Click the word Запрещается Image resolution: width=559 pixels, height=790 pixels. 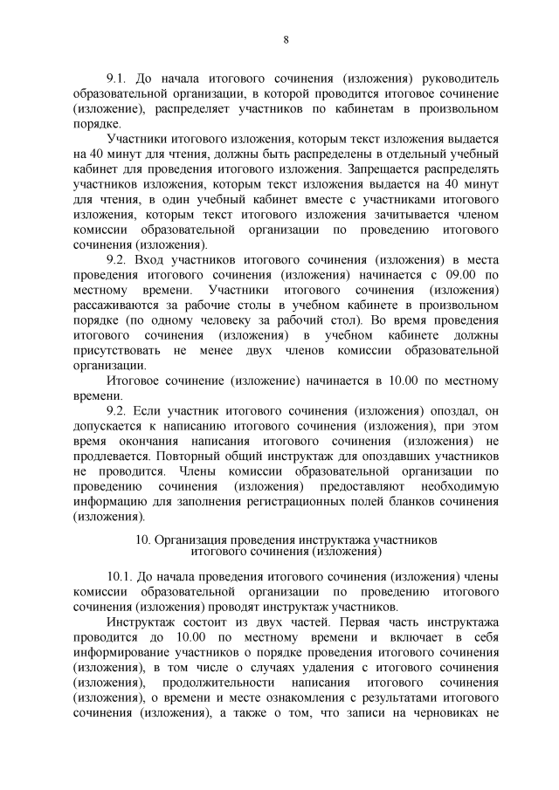tap(389, 169)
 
